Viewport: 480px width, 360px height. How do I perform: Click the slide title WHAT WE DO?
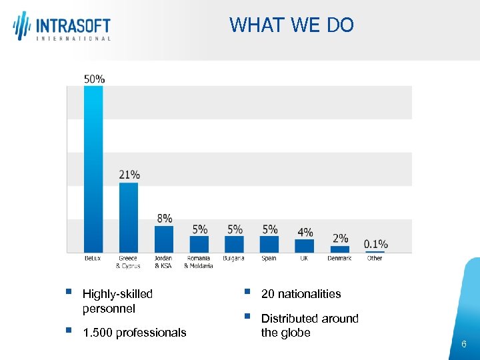(291, 25)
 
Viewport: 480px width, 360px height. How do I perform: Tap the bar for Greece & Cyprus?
(129, 217)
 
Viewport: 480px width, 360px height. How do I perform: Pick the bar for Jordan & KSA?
(164, 239)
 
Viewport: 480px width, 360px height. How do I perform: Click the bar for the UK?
(304, 245)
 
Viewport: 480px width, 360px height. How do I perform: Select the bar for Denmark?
(339, 249)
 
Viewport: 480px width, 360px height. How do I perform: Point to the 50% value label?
(94, 79)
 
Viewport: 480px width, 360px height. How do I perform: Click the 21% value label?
(129, 175)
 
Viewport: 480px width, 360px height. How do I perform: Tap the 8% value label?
(165, 218)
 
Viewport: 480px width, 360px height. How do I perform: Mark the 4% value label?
(305, 232)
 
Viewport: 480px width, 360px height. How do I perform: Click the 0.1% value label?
(375, 244)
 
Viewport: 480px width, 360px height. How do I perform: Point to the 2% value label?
(340, 239)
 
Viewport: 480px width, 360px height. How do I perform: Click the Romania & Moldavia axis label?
(199, 262)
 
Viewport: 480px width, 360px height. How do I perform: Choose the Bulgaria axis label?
(233, 258)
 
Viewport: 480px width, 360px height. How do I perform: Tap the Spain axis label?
(269, 258)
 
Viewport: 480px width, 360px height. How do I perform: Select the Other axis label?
(375, 258)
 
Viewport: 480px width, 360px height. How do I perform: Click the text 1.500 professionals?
(135, 332)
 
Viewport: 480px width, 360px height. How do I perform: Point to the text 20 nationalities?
(301, 294)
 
